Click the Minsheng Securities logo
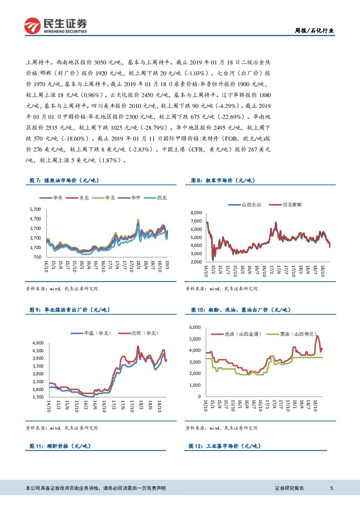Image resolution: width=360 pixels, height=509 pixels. [x=55, y=26]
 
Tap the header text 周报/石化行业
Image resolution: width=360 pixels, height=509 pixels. [x=315, y=30]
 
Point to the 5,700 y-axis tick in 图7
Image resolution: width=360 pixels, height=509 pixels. [x=35, y=209]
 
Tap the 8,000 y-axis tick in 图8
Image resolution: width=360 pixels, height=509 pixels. [x=196, y=213]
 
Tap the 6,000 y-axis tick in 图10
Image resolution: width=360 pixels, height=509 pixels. [x=195, y=327]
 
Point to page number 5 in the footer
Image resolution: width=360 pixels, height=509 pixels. [x=332, y=489]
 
